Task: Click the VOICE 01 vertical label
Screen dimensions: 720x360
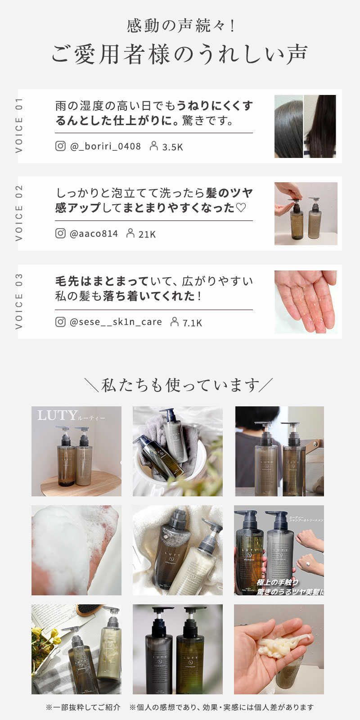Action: [19, 126]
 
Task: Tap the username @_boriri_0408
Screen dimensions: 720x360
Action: [105, 146]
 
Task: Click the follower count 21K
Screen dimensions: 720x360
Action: [147, 234]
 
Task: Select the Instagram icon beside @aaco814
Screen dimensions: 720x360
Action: [60, 233]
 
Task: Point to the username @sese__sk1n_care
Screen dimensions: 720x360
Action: [116, 322]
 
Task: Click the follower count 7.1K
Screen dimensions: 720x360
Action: [192, 323]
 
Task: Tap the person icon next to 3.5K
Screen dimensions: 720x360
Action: [154, 146]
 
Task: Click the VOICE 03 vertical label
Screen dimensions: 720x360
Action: [19, 302]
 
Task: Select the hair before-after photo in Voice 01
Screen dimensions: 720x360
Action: [306, 126]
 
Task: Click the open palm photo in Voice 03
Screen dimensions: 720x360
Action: [306, 302]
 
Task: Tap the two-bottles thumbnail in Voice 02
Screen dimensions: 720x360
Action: [306, 214]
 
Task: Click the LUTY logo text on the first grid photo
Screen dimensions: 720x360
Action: [57, 415]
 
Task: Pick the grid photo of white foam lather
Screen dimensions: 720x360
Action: [76, 550]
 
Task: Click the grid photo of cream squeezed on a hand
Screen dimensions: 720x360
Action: [279, 649]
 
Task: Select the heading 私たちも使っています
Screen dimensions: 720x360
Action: [179, 385]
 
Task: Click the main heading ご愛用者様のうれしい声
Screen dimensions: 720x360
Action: [179, 54]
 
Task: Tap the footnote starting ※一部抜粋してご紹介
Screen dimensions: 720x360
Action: [84, 707]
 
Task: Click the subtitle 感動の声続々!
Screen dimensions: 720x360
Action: [180, 26]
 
